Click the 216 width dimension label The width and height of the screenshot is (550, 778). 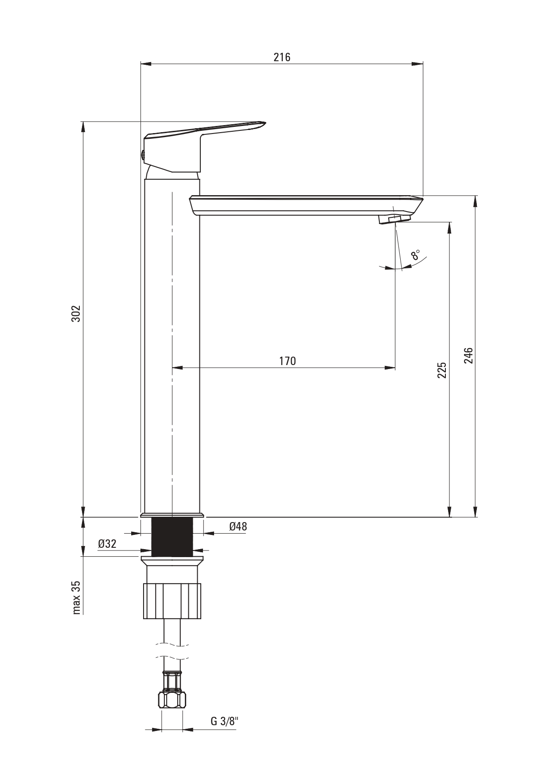282,57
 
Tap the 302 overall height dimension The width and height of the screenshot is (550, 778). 76,314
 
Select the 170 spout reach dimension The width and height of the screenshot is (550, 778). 287,361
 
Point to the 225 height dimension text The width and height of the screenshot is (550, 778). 442,370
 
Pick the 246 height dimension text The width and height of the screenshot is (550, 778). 468,355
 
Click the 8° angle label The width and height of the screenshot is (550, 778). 416,255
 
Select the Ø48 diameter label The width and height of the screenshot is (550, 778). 238,527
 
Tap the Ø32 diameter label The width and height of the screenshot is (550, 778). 107,544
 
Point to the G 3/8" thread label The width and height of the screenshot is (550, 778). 224,721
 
